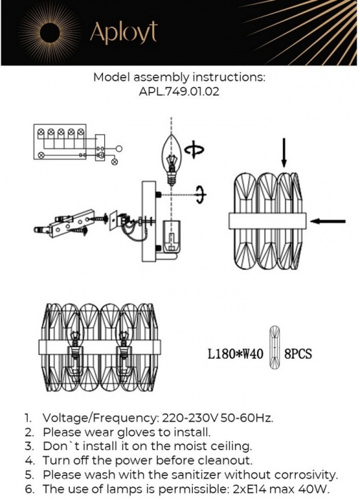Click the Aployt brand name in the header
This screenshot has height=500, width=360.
[123, 32]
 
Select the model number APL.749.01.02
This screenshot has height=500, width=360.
[180, 92]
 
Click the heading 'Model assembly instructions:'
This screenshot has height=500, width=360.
[180, 78]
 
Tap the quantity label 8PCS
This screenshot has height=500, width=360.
[299, 354]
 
